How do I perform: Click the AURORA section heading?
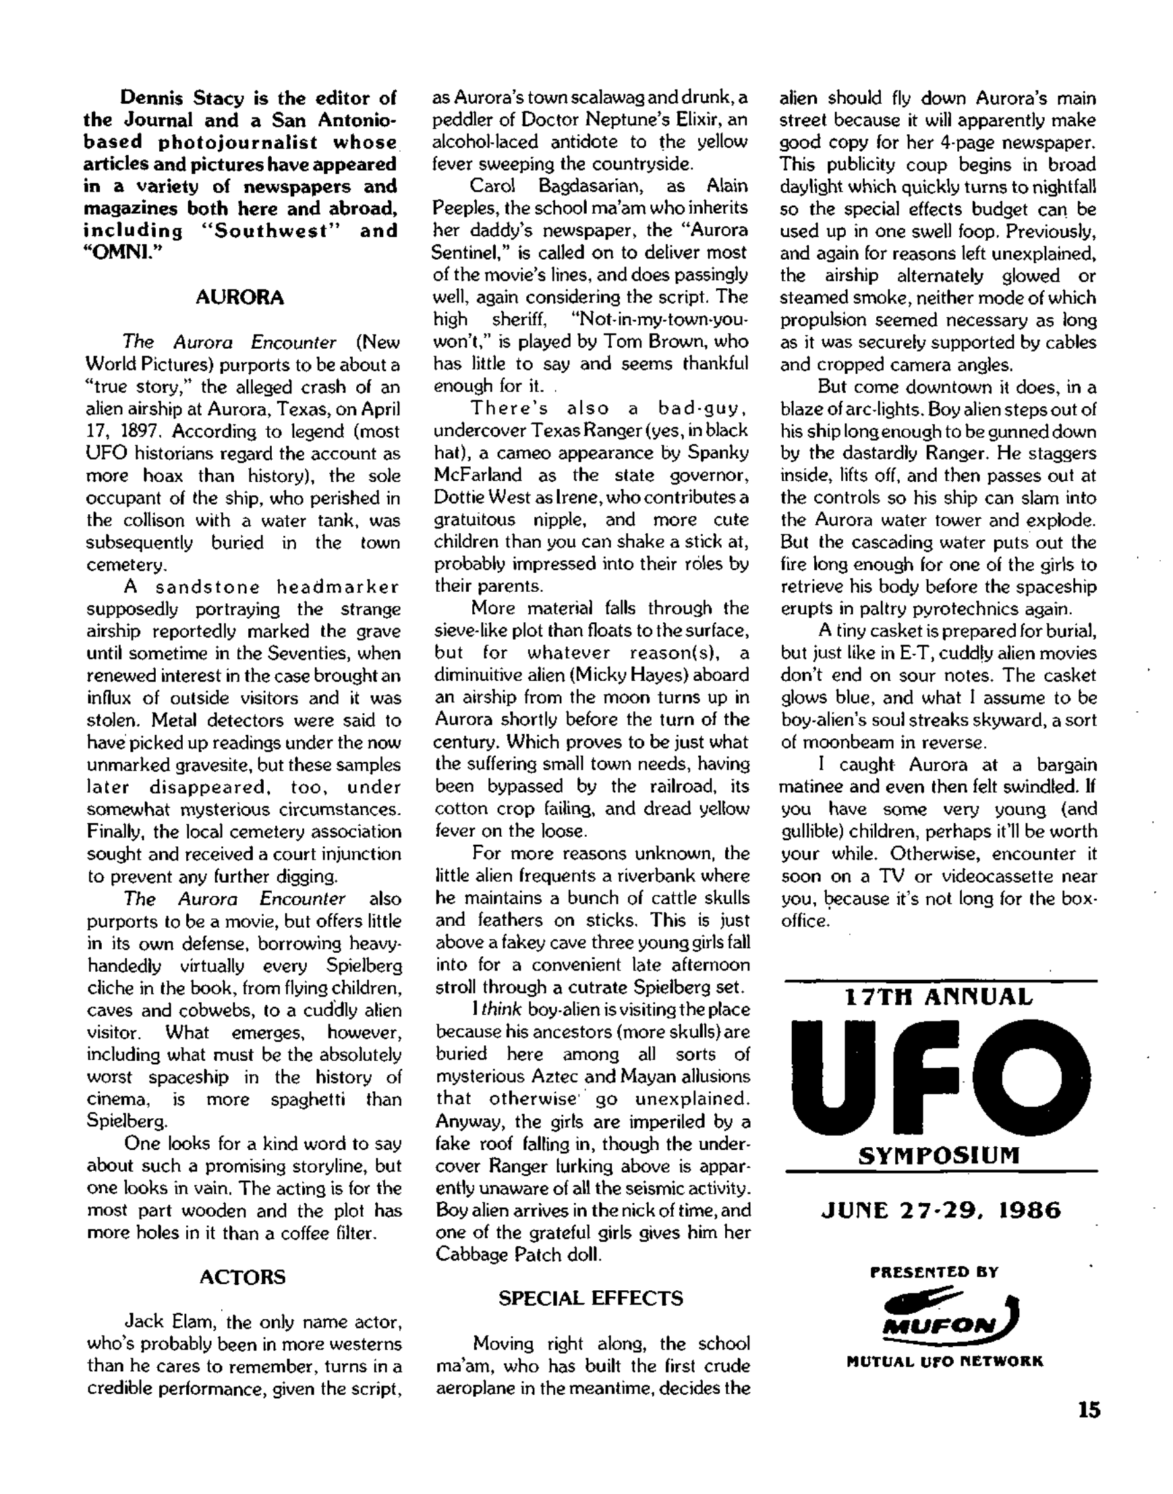pos(239,298)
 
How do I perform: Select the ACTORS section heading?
pos(241,1277)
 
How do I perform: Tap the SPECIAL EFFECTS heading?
pos(591,1298)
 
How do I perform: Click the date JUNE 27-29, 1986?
pos(941,1210)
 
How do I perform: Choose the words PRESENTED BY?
pos(934,1271)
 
